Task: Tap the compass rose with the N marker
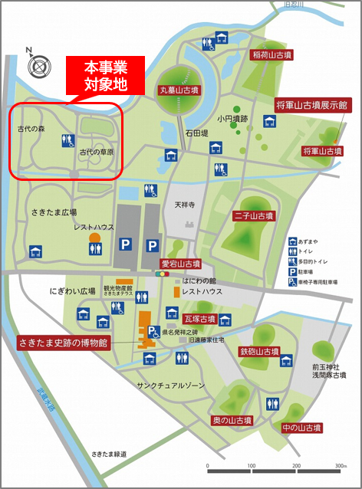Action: coord(38,66)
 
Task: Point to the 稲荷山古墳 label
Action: coord(272,56)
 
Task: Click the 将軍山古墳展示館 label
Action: coord(311,104)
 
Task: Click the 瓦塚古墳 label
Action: coord(200,317)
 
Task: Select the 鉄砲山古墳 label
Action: coord(258,352)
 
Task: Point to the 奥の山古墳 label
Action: coord(232,421)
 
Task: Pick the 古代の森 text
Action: coord(32,130)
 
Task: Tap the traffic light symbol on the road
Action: coord(162,273)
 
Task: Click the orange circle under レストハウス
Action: coord(95,238)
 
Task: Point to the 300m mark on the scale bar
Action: coord(338,466)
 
